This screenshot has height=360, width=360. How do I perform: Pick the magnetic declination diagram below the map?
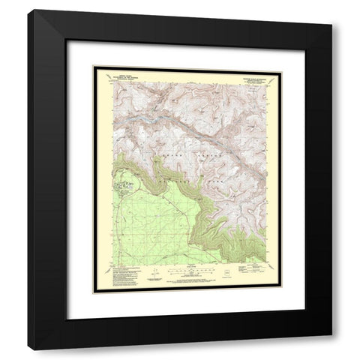(x=154, y=271)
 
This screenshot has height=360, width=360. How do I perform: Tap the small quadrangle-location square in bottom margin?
(x=223, y=274)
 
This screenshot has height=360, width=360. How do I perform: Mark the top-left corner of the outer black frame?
(x=29, y=10)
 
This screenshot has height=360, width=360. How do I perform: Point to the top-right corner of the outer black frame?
(x=331, y=10)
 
